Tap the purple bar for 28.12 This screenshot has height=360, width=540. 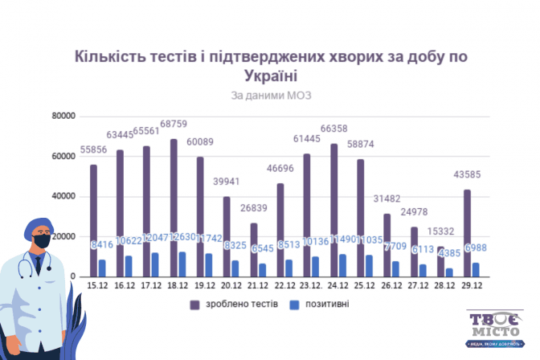(x=440, y=261)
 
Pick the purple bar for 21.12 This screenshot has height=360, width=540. (x=254, y=249)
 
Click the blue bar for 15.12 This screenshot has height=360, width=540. (x=102, y=268)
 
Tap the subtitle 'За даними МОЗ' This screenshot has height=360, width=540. (x=270, y=95)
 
